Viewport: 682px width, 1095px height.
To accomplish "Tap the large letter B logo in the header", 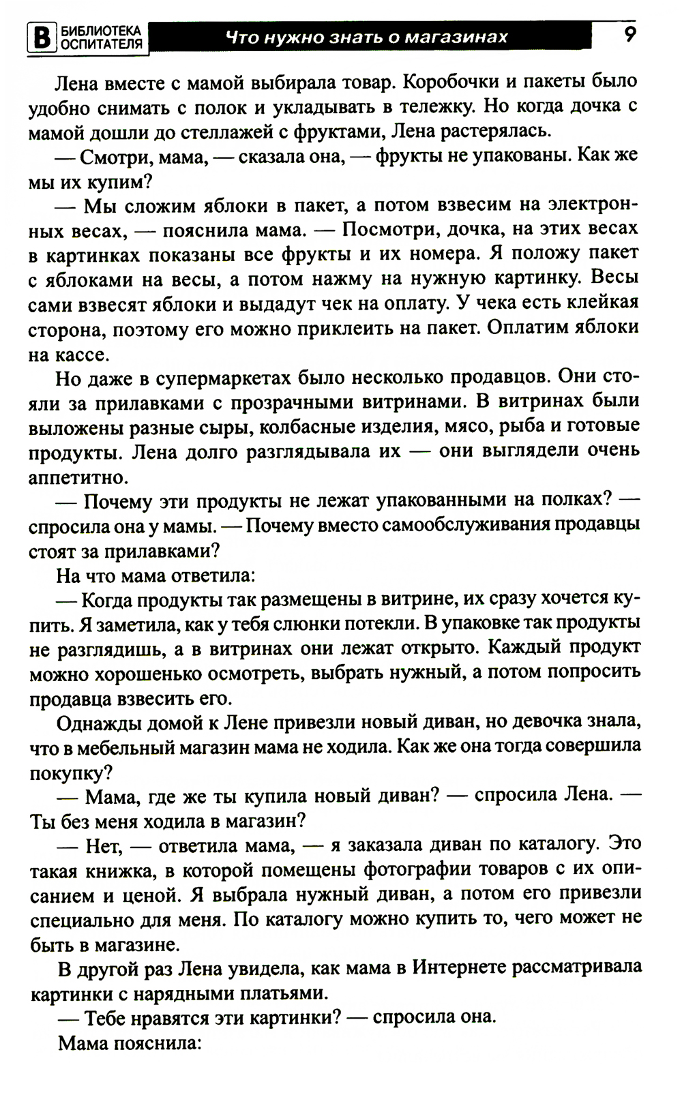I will [x=42, y=37].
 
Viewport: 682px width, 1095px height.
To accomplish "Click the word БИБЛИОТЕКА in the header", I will [x=102, y=30].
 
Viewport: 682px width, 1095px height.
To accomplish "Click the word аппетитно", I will [x=78, y=477].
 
